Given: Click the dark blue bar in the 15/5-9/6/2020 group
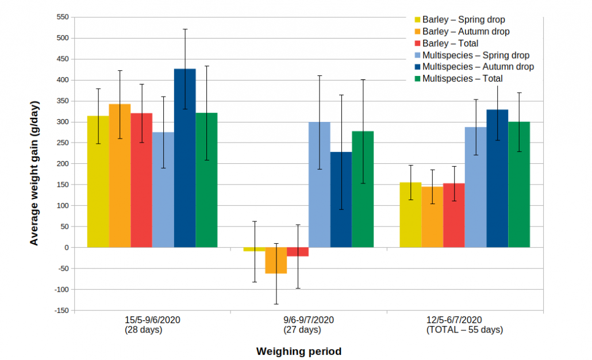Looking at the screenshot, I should [185, 158].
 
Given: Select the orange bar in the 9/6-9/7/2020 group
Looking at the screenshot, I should [276, 261].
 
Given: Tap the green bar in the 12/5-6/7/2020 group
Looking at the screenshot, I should [519, 185].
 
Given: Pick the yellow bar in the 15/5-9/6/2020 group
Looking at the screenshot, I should [98, 182].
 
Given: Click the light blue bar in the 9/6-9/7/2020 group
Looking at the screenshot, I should [320, 185].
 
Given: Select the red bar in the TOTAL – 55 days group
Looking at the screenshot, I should [454, 215].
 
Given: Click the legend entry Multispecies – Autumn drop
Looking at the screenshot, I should [478, 67].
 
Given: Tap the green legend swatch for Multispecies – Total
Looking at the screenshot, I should [418, 79].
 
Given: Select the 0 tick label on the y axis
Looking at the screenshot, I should [67, 247].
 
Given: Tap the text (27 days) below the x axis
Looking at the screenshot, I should [302, 330].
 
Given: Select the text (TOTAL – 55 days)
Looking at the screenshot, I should [464, 330].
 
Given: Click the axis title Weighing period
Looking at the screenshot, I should [298, 351].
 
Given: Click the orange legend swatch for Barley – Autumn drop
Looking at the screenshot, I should [418, 32].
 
